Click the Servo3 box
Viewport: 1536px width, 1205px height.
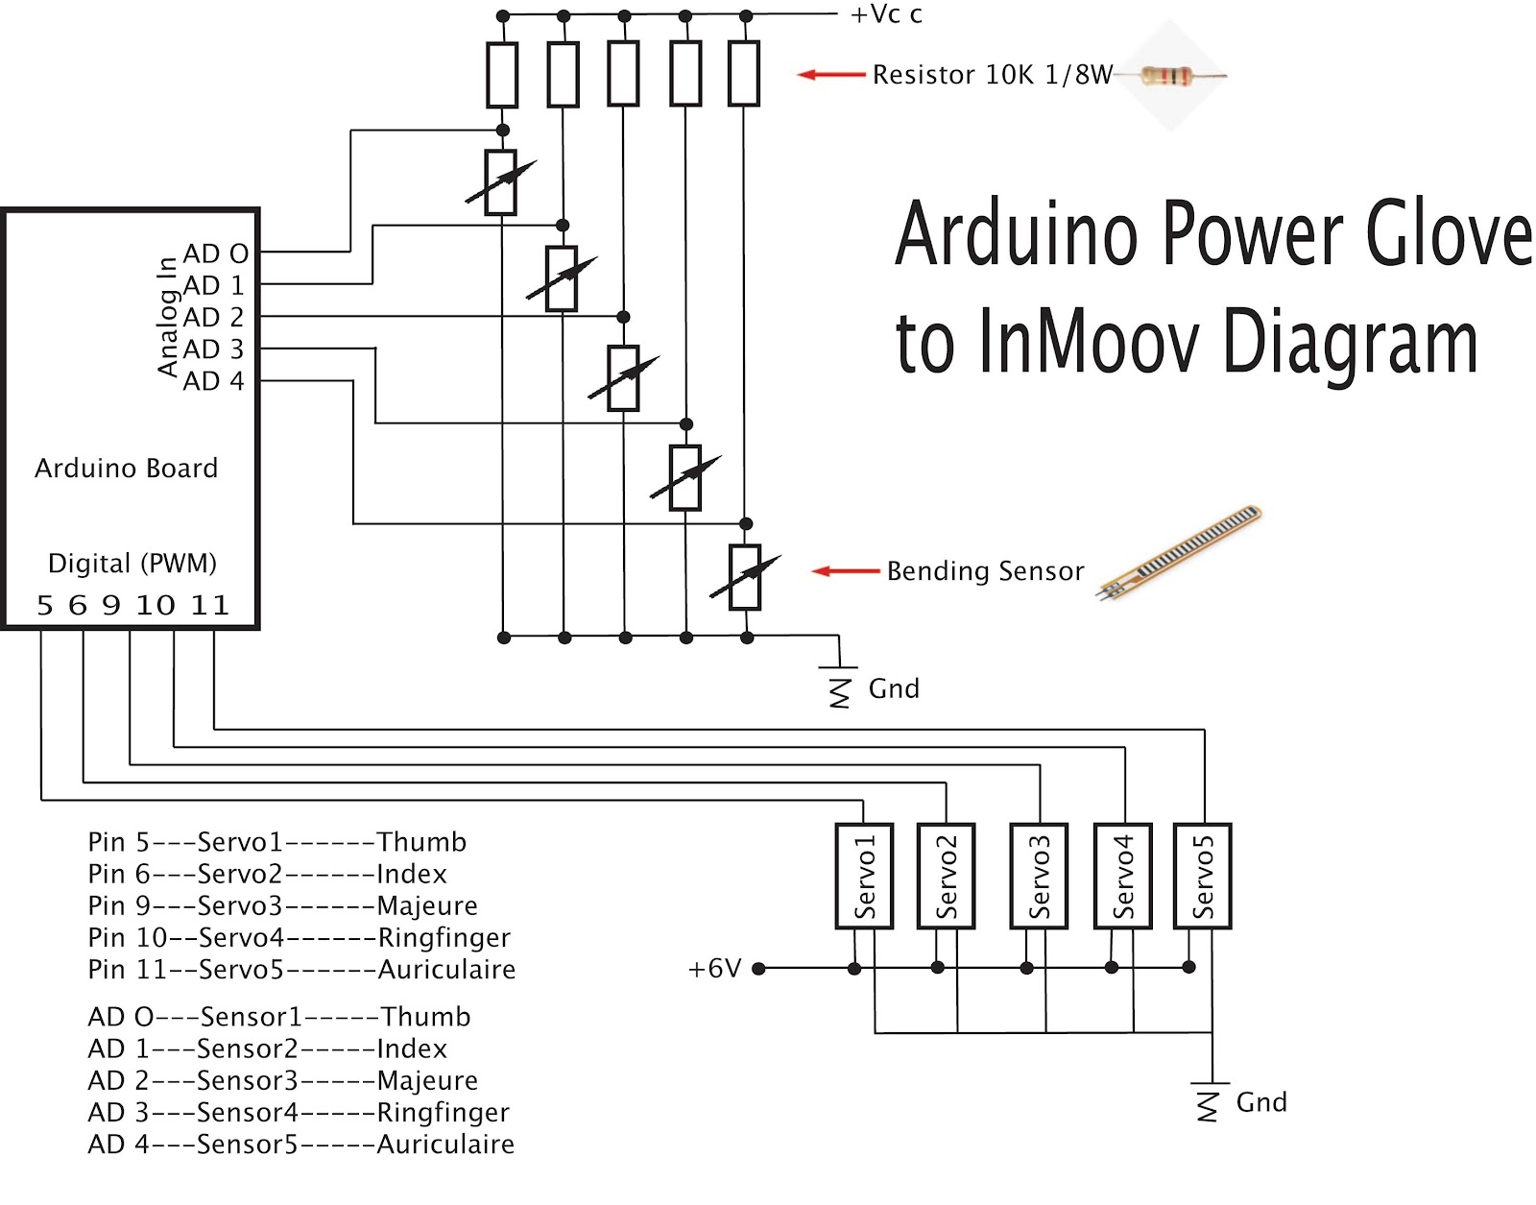pos(1039,876)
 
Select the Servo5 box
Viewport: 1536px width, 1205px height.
pos(1203,876)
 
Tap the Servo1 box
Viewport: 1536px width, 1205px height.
pos(864,876)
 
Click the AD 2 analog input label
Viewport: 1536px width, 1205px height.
pos(213,317)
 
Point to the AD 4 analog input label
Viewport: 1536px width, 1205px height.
pos(213,381)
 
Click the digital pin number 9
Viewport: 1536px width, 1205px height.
pos(111,605)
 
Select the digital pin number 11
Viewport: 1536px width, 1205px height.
pos(209,605)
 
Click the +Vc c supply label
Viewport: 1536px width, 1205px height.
pos(885,14)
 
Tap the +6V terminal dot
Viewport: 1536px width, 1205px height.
pos(758,969)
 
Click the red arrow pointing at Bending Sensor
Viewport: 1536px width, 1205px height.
pos(845,571)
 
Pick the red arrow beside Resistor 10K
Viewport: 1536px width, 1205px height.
pos(831,74)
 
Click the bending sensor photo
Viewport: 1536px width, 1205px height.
pos(1181,553)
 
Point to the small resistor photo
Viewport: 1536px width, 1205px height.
pos(1170,76)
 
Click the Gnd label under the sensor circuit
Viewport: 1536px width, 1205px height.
pos(894,688)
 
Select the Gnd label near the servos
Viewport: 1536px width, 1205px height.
pos(1260,1102)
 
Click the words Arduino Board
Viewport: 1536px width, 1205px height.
pos(126,469)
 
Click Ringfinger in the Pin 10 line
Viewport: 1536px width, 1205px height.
pos(444,937)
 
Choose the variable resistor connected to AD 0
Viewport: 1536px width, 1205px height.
pos(501,182)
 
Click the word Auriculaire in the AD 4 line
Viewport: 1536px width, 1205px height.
pos(445,1145)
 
